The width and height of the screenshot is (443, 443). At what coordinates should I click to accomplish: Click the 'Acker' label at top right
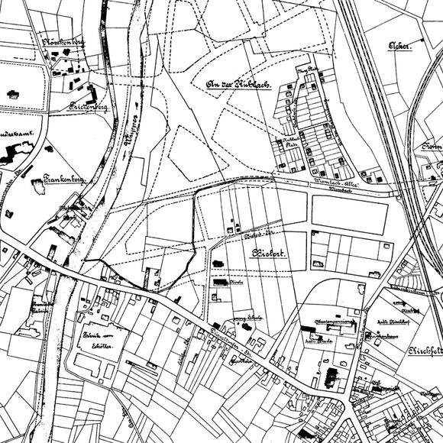pyautogui.click(x=399, y=46)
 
